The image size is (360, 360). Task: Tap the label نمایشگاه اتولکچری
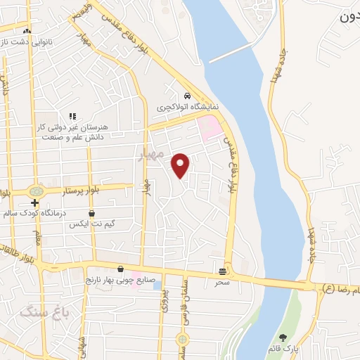(187, 108)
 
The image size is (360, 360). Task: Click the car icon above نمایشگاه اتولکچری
(186, 96)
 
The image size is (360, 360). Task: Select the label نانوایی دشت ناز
(27, 42)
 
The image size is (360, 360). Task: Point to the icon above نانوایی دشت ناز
(27, 31)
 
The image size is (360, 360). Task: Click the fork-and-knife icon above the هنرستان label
(72, 116)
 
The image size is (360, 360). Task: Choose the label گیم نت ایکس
(91, 224)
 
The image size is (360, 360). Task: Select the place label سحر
(223, 281)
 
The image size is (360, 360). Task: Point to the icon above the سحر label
(223, 271)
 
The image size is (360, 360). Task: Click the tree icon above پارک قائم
(283, 338)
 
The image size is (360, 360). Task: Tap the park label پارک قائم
(284, 349)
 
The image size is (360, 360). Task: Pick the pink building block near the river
(210, 129)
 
